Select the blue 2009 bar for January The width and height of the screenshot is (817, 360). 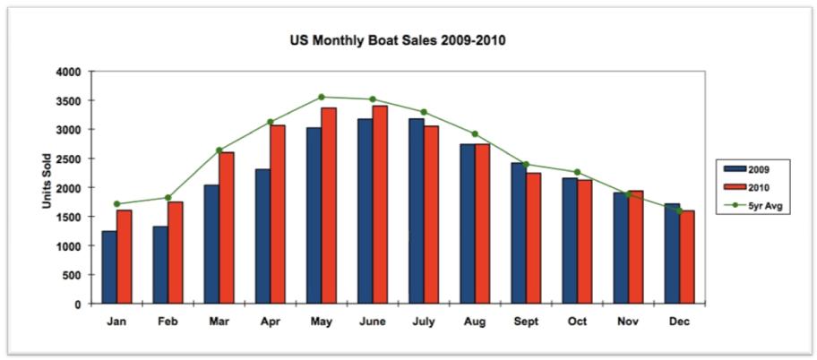coord(109,268)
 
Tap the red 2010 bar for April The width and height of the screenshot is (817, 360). coord(278,215)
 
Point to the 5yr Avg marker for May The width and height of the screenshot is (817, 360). coord(321,97)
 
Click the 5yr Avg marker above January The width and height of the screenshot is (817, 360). coord(117,204)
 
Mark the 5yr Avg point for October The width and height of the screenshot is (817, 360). coord(577,172)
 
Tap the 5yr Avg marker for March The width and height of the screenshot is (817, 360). coord(219,150)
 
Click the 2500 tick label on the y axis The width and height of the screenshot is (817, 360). coord(68,159)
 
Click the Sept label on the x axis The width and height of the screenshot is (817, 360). coord(525,321)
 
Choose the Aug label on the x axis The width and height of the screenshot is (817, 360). coord(474,321)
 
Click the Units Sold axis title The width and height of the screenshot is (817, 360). coord(46,187)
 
